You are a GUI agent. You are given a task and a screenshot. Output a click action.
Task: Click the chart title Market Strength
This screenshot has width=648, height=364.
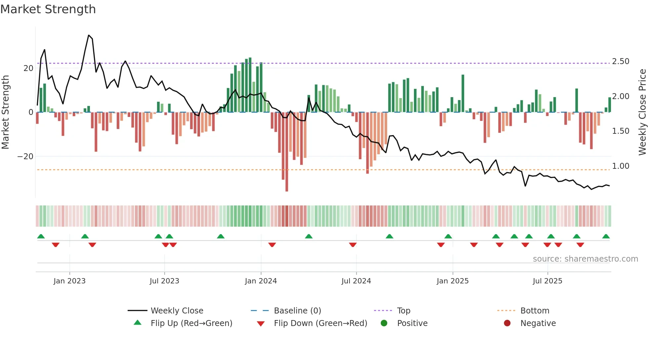point(48,9)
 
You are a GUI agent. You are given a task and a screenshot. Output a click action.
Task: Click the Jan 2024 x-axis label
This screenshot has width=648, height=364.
point(261,281)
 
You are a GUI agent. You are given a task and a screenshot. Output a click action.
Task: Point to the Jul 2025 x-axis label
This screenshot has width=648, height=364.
point(547,281)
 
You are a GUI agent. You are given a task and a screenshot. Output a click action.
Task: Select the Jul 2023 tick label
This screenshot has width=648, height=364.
point(164,281)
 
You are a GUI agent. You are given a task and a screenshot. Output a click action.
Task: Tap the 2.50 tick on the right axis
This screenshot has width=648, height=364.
point(620,61)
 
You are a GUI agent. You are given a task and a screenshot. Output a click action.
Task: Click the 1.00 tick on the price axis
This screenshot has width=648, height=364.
point(620,166)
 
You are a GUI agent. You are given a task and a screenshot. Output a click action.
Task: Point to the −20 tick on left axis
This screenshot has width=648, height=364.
point(25,157)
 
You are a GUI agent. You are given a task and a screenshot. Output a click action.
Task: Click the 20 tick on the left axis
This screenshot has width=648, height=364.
point(28,68)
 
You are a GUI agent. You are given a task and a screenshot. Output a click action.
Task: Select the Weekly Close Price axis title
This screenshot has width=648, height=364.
point(642,112)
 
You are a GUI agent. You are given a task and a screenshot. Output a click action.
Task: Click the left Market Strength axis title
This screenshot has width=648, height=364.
point(5,112)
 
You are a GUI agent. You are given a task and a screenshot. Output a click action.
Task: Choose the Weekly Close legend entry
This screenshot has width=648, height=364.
point(177,311)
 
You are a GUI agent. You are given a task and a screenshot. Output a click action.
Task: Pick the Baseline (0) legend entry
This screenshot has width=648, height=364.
point(297,311)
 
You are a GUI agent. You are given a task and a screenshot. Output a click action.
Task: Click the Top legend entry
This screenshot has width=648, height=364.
point(403,311)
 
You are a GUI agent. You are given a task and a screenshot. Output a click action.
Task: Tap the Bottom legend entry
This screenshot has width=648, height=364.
point(534,311)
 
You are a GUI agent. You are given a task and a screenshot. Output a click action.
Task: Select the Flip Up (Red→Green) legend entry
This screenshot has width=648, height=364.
point(191,323)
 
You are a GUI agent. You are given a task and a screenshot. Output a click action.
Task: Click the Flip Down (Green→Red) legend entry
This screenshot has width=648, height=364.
point(320,323)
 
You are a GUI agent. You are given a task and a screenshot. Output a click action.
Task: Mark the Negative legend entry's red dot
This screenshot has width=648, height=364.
point(507,323)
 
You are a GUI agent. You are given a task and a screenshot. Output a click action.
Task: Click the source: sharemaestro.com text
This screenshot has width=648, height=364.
point(585,259)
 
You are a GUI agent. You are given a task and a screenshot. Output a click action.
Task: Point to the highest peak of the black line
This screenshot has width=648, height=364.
point(89,35)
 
